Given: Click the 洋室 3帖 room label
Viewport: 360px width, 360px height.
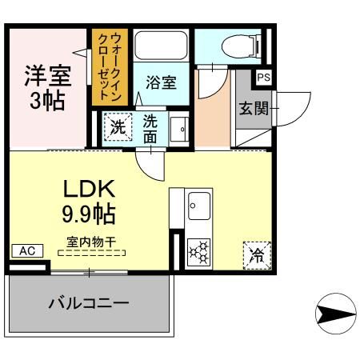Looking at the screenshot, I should pos(46,88).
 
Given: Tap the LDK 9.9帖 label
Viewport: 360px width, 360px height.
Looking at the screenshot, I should pos(90,202).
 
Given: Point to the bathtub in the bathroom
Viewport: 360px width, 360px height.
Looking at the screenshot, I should pos(160,49).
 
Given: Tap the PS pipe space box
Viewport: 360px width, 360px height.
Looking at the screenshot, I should pos(263,78).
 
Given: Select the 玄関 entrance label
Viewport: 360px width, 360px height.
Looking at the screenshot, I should pos(253,108).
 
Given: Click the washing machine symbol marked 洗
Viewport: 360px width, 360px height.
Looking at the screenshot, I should pos(118,126).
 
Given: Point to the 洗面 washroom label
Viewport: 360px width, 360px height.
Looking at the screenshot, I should pos(150,128).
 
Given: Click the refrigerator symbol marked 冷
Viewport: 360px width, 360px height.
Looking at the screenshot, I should pos(257,255).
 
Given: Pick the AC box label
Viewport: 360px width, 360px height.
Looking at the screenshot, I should pos(26,250).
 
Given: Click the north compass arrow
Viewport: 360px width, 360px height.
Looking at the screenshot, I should pos(334,314).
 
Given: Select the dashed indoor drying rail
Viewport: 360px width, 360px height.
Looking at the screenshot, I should pos(92,252).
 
